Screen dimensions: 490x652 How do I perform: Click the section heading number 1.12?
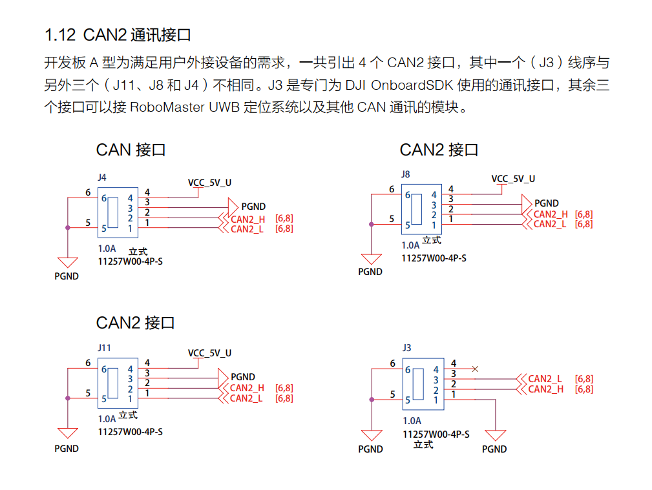click(x=60, y=34)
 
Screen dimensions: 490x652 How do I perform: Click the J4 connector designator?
click(x=101, y=176)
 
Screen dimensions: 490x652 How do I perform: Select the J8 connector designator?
click(x=405, y=174)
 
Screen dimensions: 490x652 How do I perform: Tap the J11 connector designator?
click(x=104, y=347)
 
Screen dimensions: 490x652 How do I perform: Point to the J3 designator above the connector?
click(x=406, y=347)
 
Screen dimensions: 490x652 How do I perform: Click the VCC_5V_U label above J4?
click(x=209, y=183)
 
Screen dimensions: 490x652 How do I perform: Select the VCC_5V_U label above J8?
click(x=513, y=179)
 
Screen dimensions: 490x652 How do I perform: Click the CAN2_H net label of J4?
click(x=247, y=219)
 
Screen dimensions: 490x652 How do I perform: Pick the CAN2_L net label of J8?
click(x=550, y=224)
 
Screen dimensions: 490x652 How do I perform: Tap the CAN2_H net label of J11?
click(x=247, y=388)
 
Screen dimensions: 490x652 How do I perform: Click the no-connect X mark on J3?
click(x=476, y=369)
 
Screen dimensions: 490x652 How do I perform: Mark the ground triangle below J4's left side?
click(x=67, y=262)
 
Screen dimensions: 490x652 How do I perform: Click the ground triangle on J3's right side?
click(x=495, y=435)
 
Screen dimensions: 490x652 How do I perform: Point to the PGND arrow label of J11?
click(x=243, y=377)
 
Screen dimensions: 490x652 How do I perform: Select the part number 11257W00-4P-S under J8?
click(x=434, y=258)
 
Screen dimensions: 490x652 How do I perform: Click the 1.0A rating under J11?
click(x=107, y=418)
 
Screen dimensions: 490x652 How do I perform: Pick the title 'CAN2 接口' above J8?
click(x=439, y=150)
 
